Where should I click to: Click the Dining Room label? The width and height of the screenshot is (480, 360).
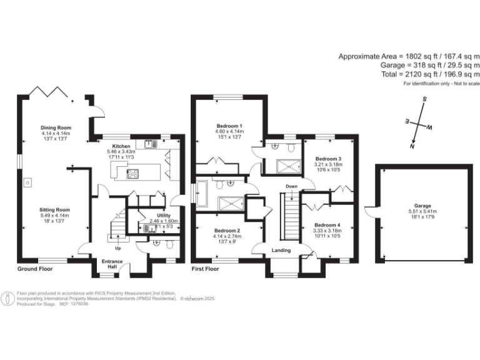[56, 127]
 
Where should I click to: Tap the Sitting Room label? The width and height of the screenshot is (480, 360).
[56, 210]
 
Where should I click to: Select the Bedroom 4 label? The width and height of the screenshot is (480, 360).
[327, 225]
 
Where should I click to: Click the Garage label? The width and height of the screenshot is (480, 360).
[422, 205]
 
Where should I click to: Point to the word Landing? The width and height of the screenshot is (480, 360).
[282, 250]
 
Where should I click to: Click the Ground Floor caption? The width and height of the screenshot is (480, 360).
[34, 269]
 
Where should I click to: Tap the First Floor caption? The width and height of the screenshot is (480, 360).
[206, 269]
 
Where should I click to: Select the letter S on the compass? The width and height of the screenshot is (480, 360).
[424, 99]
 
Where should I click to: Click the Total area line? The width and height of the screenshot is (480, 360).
[429, 74]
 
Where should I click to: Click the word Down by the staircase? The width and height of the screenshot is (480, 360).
[291, 186]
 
